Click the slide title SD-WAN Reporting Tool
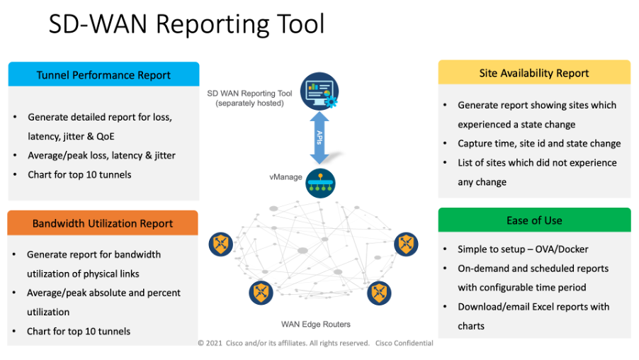click(186, 23)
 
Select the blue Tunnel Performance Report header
click(103, 74)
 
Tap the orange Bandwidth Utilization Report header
click(103, 223)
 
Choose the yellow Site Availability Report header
click(534, 72)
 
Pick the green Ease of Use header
click(534, 220)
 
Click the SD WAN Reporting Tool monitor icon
click(319, 91)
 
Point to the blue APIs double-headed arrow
click(319, 137)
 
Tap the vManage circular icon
click(320, 183)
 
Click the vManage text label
click(285, 177)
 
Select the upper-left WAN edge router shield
click(221, 244)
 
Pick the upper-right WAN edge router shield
click(406, 244)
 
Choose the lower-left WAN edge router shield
click(261, 293)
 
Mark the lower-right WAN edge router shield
click(379, 293)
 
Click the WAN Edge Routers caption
click(316, 324)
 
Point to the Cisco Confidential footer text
click(405, 343)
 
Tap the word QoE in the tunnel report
click(105, 136)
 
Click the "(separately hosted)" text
click(250, 103)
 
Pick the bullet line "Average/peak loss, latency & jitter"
click(101, 155)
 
